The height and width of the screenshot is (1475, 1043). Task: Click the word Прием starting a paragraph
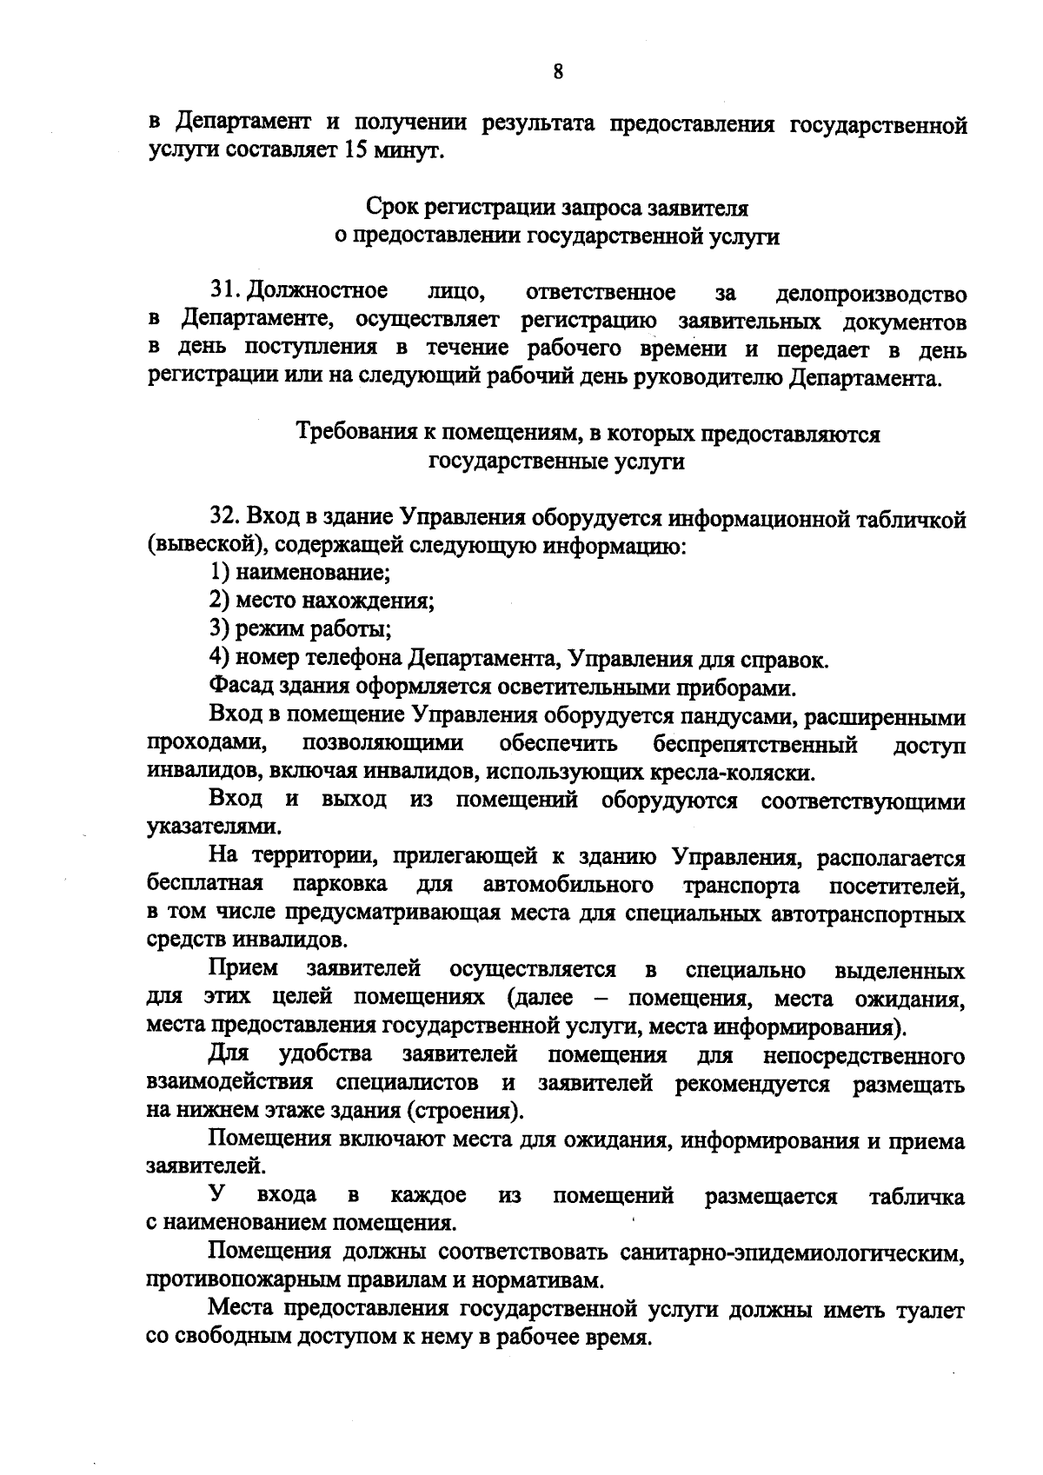point(244,968)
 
